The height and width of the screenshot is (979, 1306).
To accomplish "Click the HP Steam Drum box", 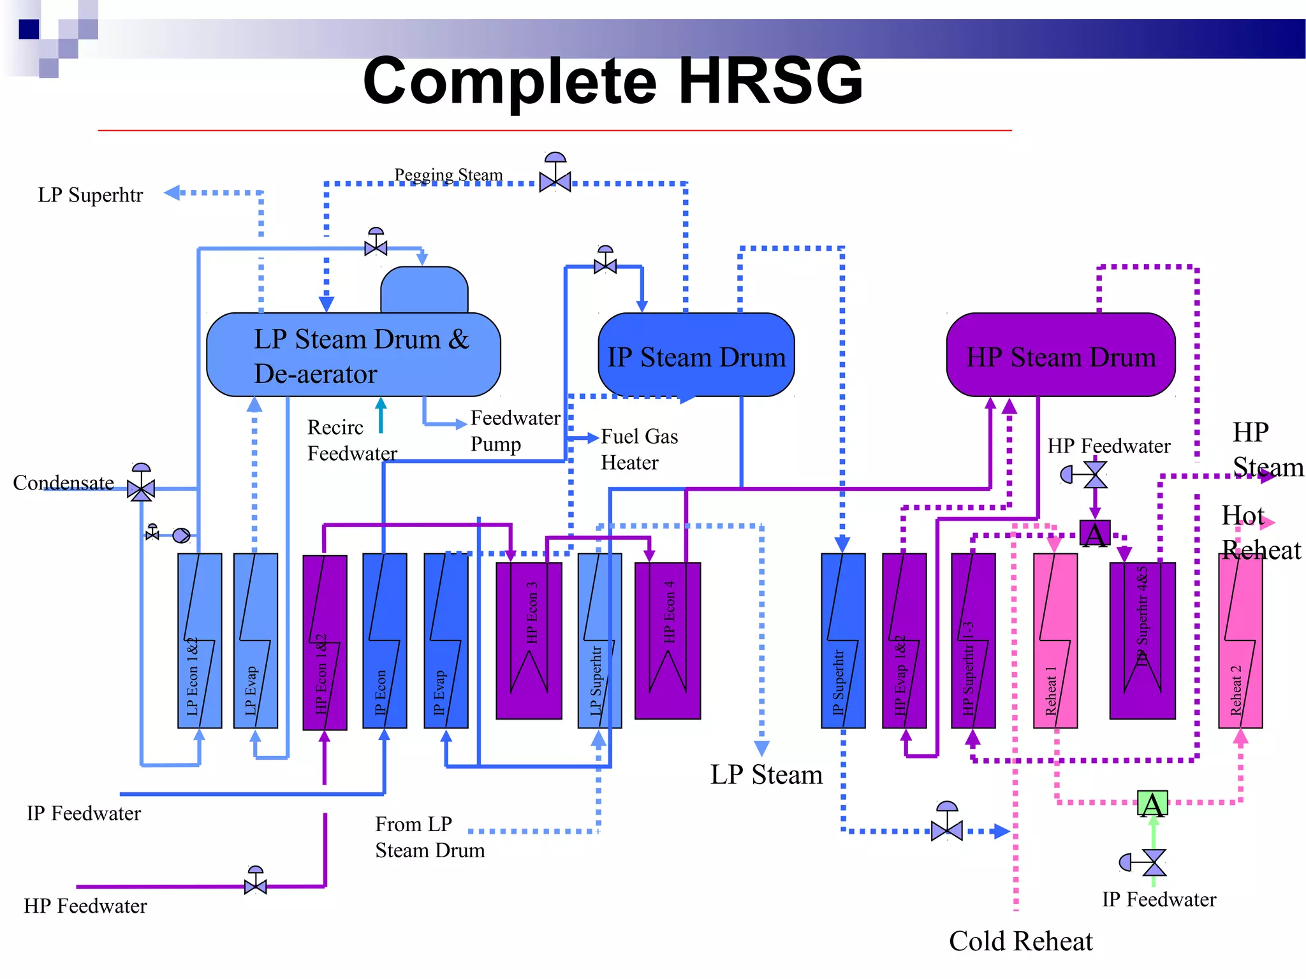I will click(1060, 355).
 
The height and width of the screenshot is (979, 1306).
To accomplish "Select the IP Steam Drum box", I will click(696, 355).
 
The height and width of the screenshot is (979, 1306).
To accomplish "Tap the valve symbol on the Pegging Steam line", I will click(555, 181).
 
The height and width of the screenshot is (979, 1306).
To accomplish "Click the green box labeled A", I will click(1152, 804).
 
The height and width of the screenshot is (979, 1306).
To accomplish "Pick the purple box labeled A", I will click(1095, 533).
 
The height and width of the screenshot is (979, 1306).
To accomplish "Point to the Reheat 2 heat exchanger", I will click(1240, 641).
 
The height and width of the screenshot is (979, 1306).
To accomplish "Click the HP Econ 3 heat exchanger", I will click(529, 641).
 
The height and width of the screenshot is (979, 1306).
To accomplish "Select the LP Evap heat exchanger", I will click(256, 641).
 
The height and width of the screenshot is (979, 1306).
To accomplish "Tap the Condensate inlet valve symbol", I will click(141, 488).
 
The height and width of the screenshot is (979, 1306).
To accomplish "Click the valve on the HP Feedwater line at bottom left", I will click(256, 885).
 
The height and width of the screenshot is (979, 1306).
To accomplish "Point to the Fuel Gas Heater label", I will click(639, 449).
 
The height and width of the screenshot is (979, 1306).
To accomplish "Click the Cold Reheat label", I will click(1020, 941).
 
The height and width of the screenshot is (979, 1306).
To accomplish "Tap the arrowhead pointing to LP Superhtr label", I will click(172, 192).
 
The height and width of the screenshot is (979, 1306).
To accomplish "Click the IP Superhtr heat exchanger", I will click(843, 641).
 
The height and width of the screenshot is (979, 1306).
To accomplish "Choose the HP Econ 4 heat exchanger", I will click(668, 641).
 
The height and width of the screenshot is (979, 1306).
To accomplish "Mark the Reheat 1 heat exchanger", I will click(1055, 641).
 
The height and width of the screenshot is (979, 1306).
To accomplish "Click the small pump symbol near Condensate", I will click(182, 535).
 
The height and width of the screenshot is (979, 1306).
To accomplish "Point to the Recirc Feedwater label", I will click(352, 440).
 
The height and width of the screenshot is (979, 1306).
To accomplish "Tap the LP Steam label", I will click(767, 775).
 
